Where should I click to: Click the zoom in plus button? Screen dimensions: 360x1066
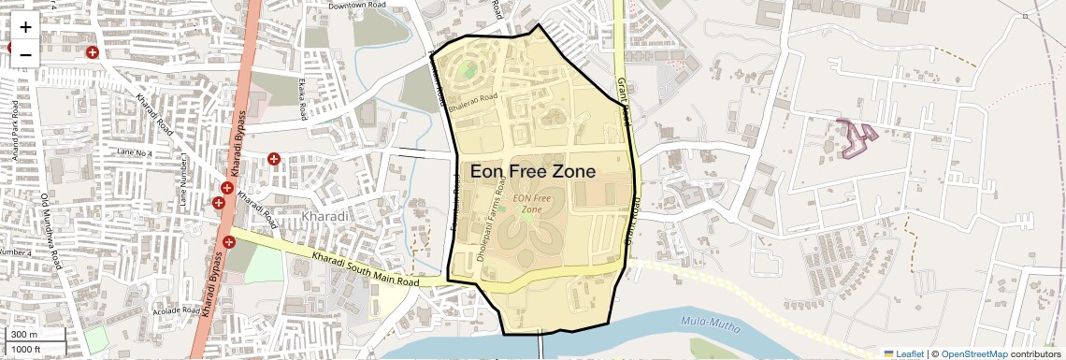point(25,26)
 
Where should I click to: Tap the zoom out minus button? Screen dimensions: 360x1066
point(25,54)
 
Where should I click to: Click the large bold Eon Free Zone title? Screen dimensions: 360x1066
point(534,172)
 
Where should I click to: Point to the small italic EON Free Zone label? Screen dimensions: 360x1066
point(531,204)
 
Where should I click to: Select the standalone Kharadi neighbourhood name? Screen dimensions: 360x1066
point(325,217)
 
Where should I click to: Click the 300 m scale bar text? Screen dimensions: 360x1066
point(25,335)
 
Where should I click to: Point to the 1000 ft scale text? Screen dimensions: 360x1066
point(27,349)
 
